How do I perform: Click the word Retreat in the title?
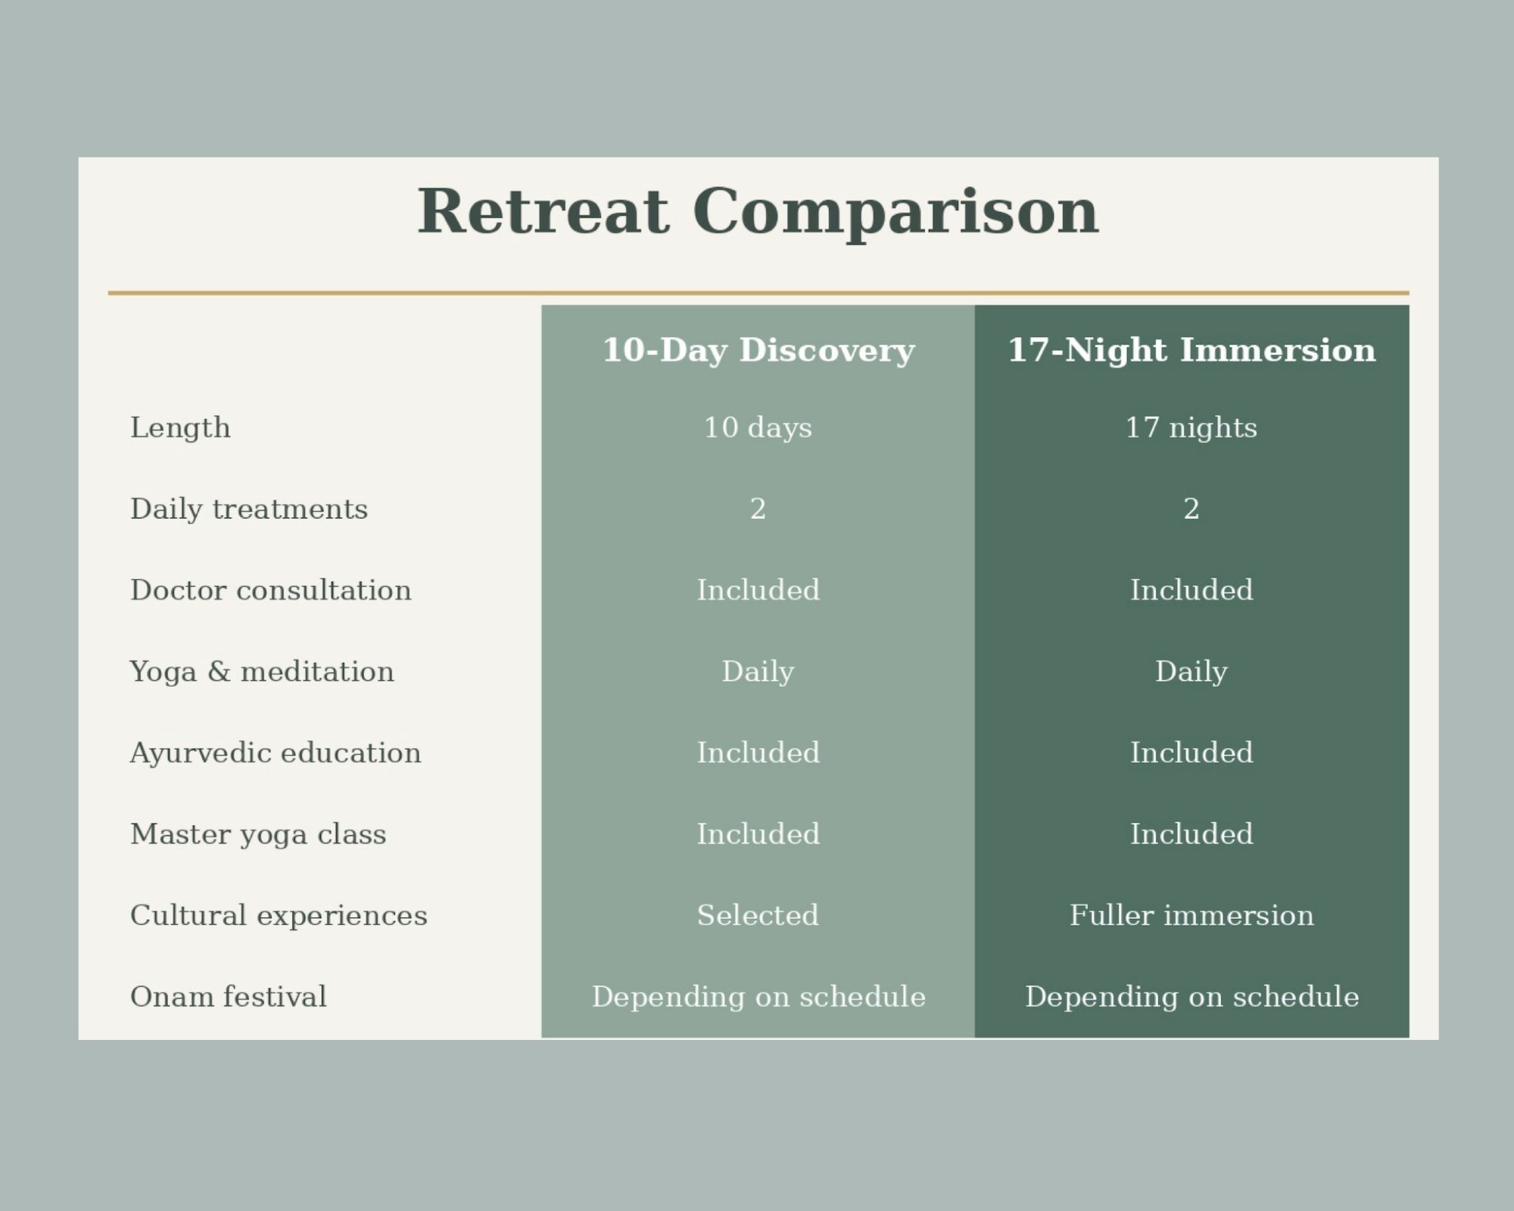click(544, 211)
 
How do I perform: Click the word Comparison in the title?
click(895, 213)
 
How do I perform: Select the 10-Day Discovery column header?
click(759, 350)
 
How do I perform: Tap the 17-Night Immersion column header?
click(1192, 350)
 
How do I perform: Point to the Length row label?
click(180, 428)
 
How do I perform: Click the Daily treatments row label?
click(249, 509)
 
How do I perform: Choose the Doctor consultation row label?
click(271, 590)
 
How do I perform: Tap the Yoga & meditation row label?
click(262, 672)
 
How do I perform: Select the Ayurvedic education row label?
click(276, 753)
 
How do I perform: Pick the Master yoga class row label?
click(258, 835)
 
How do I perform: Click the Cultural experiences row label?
click(279, 916)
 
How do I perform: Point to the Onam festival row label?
click(229, 996)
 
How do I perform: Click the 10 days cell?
click(758, 428)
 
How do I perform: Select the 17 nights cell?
click(1192, 428)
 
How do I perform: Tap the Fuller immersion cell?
click(1192, 915)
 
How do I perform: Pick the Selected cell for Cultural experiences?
click(758, 915)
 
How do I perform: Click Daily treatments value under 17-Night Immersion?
click(1192, 509)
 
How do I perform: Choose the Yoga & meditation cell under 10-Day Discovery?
click(758, 672)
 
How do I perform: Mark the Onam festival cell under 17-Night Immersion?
click(1192, 997)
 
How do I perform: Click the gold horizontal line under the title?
click(759, 292)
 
